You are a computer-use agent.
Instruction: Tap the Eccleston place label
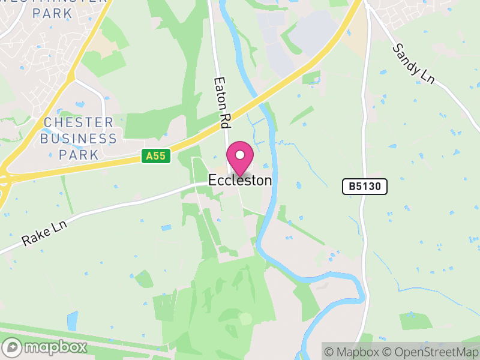[240, 180]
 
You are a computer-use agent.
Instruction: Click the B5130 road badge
[365, 187]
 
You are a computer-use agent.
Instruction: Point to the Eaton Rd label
[222, 102]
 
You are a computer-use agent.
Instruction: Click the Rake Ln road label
[45, 232]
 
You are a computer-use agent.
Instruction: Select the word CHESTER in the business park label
[79, 123]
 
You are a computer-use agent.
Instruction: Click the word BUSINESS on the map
[79, 139]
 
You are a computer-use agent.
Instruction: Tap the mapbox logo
[45, 347]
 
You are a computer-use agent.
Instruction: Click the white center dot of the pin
[240, 155]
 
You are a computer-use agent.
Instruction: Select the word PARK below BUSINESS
[79, 154]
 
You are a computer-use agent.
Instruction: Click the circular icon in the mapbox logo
[12, 347]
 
